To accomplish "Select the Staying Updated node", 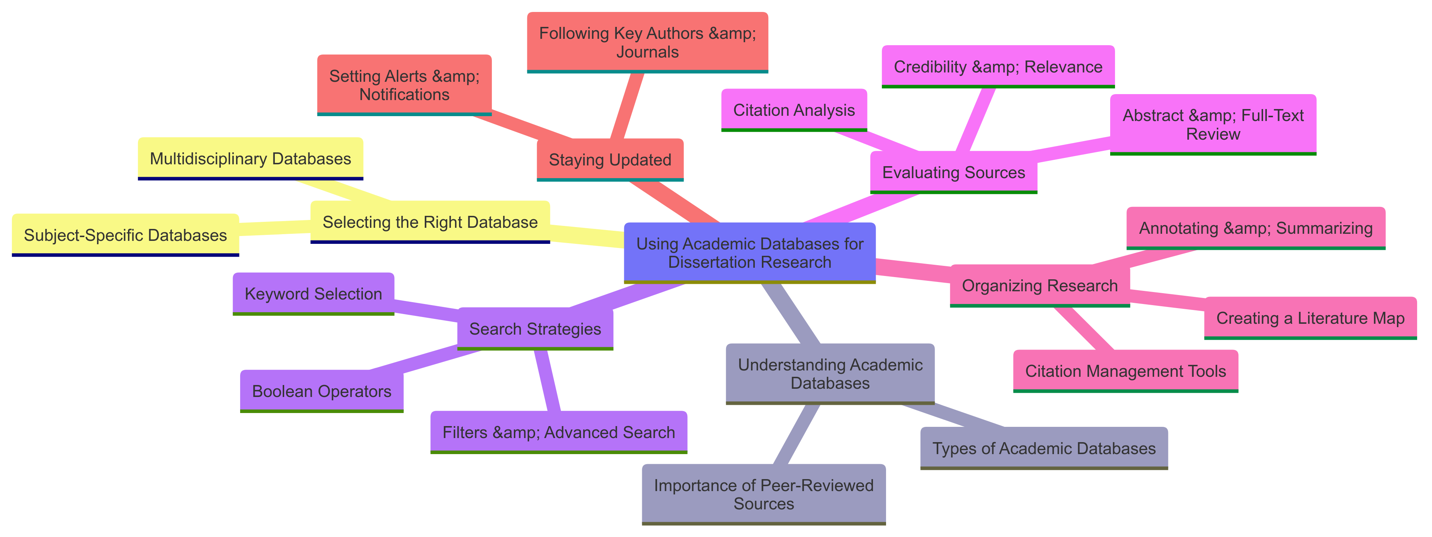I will coord(610,160).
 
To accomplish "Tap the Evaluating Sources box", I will coord(954,173).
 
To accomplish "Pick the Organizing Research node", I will coord(1040,285).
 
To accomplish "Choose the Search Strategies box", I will coord(535,329).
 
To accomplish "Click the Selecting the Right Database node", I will coord(430,222).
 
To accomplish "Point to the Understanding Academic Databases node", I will coord(830,373).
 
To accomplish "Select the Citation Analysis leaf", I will coord(794,110).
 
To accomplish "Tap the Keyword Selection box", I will coord(313,294).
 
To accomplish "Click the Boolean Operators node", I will coord(321,391).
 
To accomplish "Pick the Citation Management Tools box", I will coord(1125,371).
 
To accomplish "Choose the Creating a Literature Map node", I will coord(1310,318).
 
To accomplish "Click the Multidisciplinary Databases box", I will coord(250,159).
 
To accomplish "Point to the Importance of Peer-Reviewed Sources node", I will coord(763,494).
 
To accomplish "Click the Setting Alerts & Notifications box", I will coord(404,85).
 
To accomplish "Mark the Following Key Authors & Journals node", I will coord(647,42).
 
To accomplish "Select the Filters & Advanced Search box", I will coord(558,432).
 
